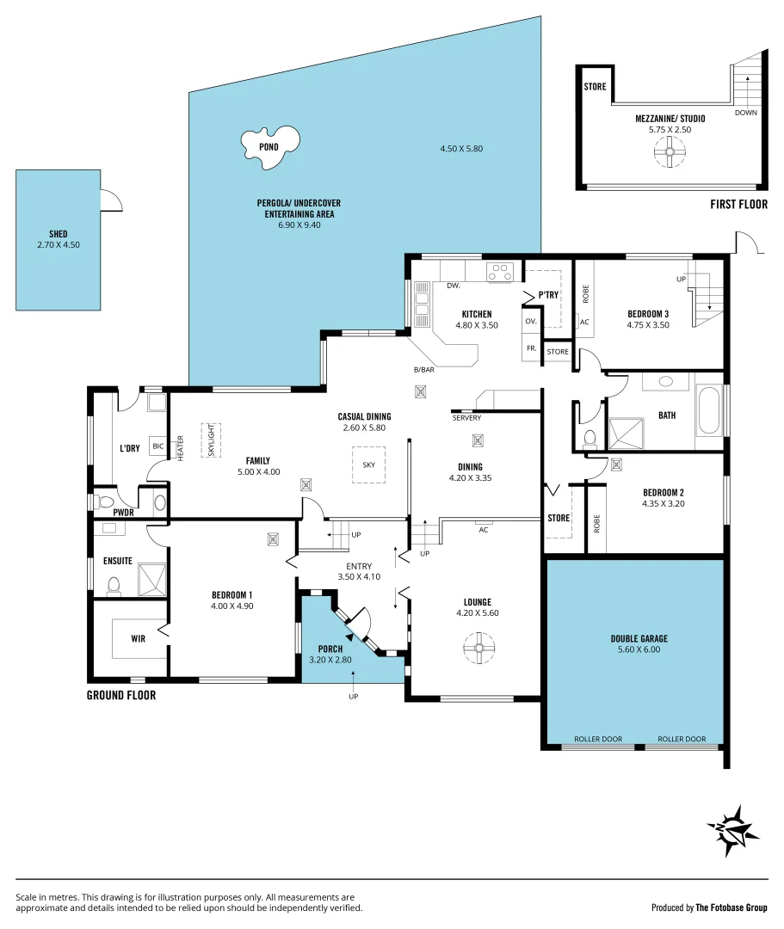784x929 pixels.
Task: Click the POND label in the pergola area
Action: [x=269, y=146]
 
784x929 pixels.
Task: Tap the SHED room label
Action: [x=58, y=234]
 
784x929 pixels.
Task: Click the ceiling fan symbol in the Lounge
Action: [x=477, y=647]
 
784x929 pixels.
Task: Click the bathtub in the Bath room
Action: [x=710, y=410]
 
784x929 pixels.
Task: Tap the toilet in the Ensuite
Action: [x=113, y=587]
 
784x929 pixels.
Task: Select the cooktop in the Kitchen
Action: [x=500, y=273]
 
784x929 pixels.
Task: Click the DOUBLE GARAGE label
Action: [x=639, y=639]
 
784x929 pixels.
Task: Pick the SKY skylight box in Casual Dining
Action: [x=368, y=464]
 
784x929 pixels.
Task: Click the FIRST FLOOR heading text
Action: [x=738, y=205]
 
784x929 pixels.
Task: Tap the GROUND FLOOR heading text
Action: [x=121, y=695]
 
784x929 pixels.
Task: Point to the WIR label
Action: [x=138, y=639]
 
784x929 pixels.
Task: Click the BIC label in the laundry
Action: [x=157, y=446]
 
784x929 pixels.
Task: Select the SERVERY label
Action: [x=466, y=418]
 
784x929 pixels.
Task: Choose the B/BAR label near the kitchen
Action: [x=424, y=370]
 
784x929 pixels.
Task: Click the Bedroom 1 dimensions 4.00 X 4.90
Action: [x=231, y=606]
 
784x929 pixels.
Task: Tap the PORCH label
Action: [x=330, y=649]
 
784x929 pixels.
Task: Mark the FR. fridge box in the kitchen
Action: [x=531, y=348]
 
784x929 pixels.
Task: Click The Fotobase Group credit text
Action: [x=732, y=907]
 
